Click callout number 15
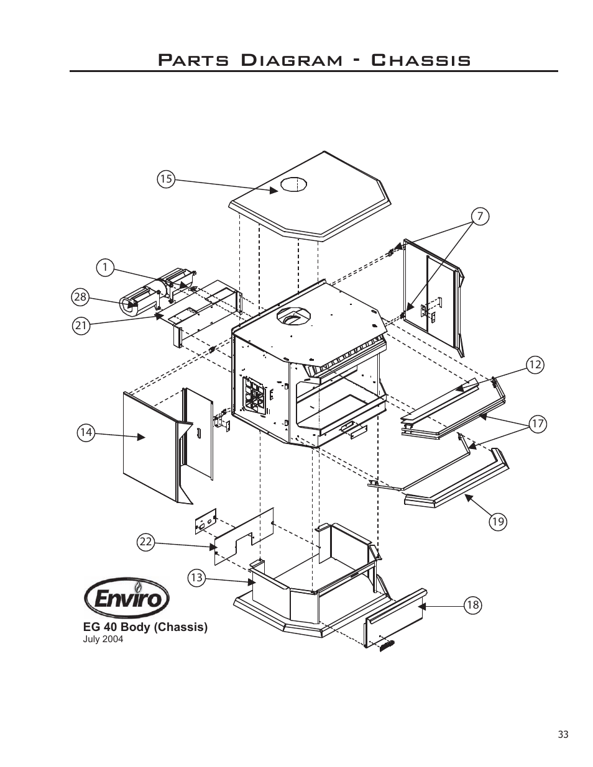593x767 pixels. tap(165, 179)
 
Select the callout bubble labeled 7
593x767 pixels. tap(479, 216)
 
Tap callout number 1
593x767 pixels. tap(105, 268)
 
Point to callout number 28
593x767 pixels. tap(80, 297)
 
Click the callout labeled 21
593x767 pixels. tap(80, 324)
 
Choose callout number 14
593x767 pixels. tap(86, 432)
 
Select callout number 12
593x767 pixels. tap(535, 365)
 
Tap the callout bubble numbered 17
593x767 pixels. tap(537, 424)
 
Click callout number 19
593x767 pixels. tap(497, 522)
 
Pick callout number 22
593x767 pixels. tap(145, 542)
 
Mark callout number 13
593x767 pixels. tap(196, 578)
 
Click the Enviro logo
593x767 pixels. tap(127, 599)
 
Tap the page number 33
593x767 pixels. tap(563, 735)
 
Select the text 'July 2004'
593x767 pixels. tap(103, 639)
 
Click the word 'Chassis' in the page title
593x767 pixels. tap(420, 60)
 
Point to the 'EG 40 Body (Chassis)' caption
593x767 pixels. tap(145, 627)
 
